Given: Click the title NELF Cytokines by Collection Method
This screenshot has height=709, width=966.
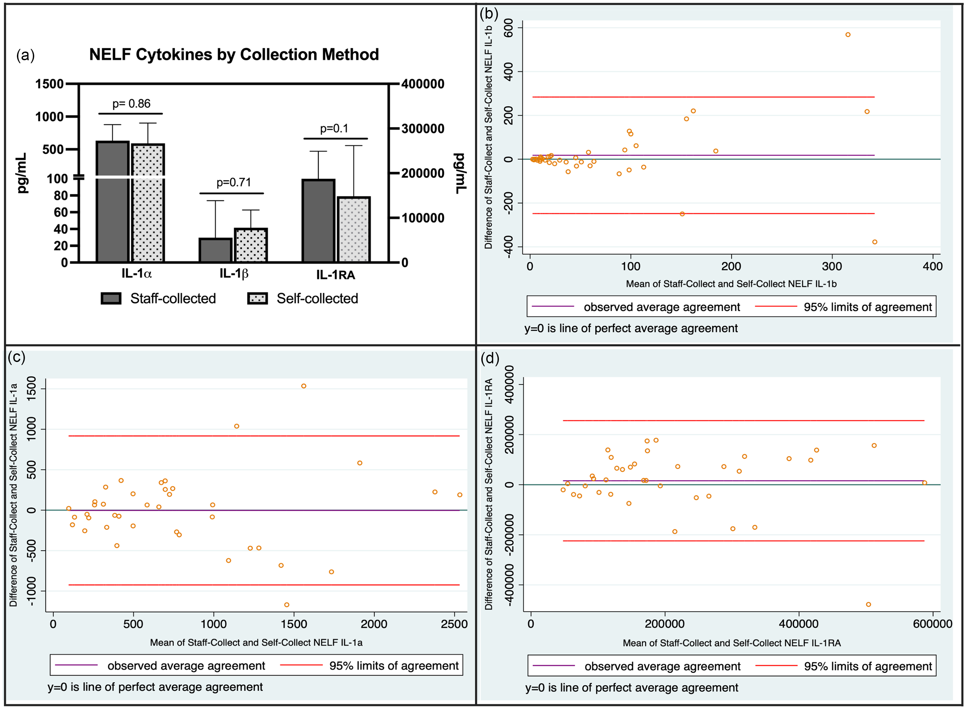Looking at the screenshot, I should (234, 55).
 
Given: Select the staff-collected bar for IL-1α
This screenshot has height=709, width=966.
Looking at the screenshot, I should (112, 202).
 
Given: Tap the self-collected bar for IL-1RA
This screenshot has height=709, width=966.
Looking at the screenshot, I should (354, 230).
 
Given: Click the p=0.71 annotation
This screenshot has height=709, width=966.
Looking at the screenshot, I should (234, 182).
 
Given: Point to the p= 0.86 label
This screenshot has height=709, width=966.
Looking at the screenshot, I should (131, 104).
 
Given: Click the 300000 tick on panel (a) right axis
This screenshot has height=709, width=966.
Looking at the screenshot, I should (423, 129).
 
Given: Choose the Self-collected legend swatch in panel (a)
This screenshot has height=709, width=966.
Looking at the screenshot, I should (257, 298).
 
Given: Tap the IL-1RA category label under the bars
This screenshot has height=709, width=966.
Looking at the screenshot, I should (336, 275).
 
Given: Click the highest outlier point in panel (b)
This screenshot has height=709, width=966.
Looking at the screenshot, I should (848, 35).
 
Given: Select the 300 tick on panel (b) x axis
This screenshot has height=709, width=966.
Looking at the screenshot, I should (832, 266).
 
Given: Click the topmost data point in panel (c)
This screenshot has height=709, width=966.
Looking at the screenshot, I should (303, 386).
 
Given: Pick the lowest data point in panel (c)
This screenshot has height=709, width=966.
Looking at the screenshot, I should (287, 605).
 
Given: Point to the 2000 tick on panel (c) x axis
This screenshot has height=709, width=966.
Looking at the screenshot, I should (374, 624).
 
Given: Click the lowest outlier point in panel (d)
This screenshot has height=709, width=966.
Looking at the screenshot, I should (869, 604).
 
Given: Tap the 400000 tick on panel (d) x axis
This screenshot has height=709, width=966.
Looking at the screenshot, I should (799, 624).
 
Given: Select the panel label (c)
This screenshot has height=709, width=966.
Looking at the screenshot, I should (16, 357).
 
